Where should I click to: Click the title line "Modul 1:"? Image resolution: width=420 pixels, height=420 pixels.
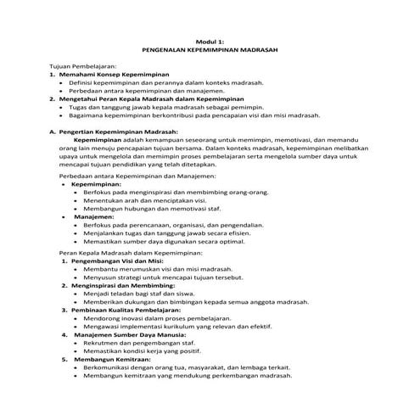(x=209, y=42)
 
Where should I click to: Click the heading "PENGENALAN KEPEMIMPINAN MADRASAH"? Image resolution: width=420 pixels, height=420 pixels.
(x=209, y=50)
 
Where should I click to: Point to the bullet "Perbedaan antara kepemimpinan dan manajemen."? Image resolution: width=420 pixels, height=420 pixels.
(x=164, y=91)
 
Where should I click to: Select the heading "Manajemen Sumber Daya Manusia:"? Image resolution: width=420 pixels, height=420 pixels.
(x=125, y=335)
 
